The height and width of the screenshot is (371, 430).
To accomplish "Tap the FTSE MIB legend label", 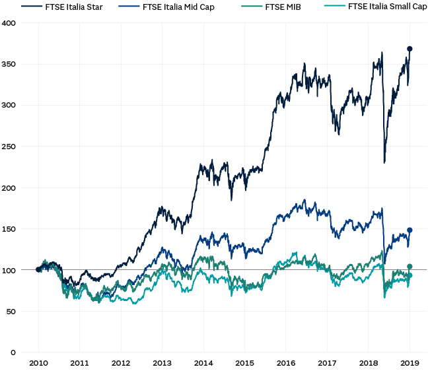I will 283,7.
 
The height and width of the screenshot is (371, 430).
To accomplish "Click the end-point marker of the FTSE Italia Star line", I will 410,49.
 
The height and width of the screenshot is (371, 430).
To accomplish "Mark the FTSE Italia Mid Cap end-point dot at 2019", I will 410,230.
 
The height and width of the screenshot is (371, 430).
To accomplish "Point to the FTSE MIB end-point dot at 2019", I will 410,267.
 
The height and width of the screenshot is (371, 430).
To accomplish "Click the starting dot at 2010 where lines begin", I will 38,269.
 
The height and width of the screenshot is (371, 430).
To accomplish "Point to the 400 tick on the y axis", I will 11,23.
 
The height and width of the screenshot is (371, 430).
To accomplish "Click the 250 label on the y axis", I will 11,147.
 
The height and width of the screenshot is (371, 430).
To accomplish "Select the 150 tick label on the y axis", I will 11,229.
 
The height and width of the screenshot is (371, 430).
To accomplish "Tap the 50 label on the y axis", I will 13,312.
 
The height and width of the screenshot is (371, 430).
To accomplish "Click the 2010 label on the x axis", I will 38,363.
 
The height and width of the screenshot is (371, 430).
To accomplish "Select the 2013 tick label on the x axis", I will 162,363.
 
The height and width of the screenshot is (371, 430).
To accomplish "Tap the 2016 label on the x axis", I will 285,363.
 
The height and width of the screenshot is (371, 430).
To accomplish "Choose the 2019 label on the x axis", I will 410,363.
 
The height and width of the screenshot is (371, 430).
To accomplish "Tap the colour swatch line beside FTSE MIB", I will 252,7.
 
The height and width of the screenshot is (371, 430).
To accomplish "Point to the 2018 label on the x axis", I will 368,363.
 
